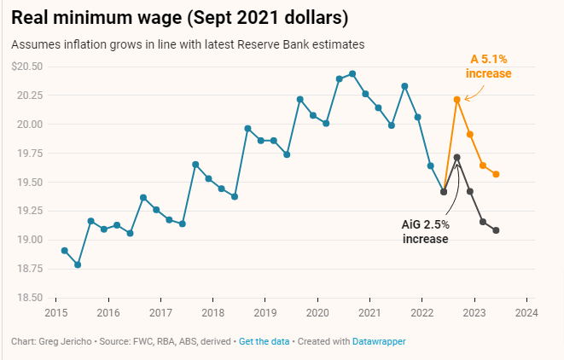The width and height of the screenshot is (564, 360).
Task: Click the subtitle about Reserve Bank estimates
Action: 189,44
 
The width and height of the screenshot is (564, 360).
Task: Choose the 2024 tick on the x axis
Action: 526,312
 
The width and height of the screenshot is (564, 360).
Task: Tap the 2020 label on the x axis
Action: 317,312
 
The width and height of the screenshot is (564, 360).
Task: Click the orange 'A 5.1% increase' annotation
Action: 488,67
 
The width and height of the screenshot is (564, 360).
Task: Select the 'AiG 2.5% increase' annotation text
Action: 426,231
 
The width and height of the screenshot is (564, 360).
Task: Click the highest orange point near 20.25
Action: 457,100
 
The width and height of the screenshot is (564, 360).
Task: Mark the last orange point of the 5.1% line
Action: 497,174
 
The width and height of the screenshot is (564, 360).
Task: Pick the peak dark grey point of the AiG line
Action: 457,158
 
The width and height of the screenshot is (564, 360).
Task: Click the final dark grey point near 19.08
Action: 497,230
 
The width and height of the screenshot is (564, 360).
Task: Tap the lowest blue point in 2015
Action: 78,264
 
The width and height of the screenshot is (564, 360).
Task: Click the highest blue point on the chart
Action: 352,74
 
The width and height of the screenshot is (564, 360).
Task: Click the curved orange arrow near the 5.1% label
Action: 472,92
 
